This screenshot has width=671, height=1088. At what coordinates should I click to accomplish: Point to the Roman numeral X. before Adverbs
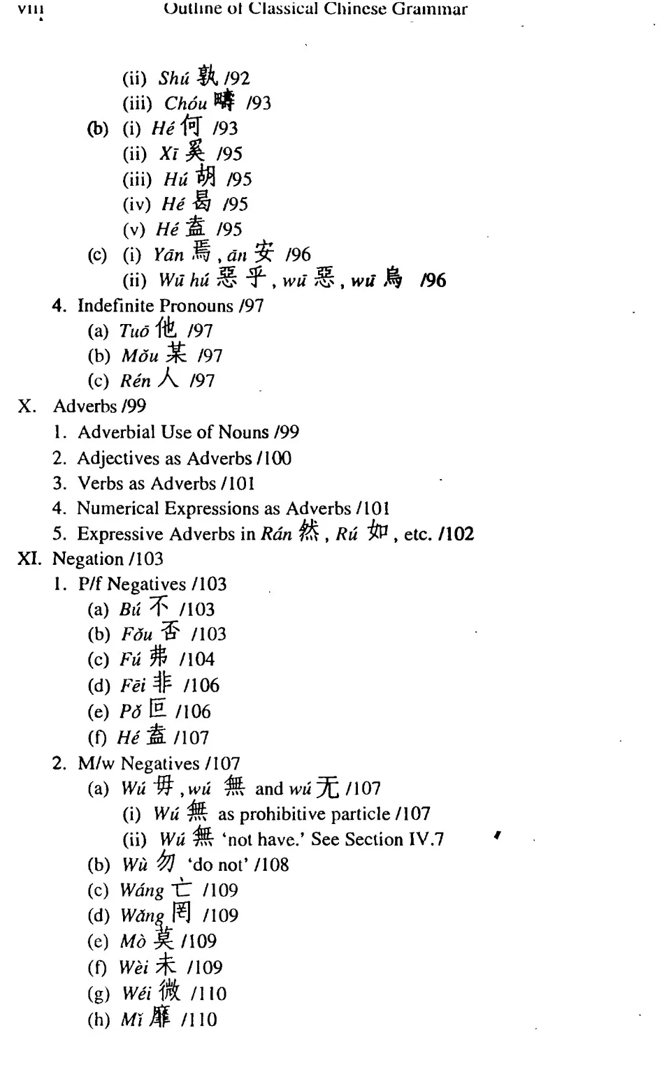click(27, 406)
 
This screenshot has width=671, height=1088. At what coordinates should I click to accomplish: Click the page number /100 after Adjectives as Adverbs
click(274, 458)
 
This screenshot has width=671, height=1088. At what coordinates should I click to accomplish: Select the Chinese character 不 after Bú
click(159, 607)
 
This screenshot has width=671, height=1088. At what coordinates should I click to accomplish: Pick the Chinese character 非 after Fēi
click(163, 683)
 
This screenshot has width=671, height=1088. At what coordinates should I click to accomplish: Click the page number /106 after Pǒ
click(193, 712)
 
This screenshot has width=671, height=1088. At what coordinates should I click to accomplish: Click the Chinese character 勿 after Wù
click(165, 862)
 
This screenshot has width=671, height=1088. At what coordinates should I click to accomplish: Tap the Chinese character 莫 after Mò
click(164, 939)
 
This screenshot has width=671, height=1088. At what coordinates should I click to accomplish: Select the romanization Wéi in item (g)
click(136, 993)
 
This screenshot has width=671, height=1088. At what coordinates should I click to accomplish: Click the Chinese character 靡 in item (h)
click(160, 1017)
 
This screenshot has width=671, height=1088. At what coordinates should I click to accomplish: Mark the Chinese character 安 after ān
click(264, 252)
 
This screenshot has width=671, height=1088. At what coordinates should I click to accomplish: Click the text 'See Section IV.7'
click(377, 839)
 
